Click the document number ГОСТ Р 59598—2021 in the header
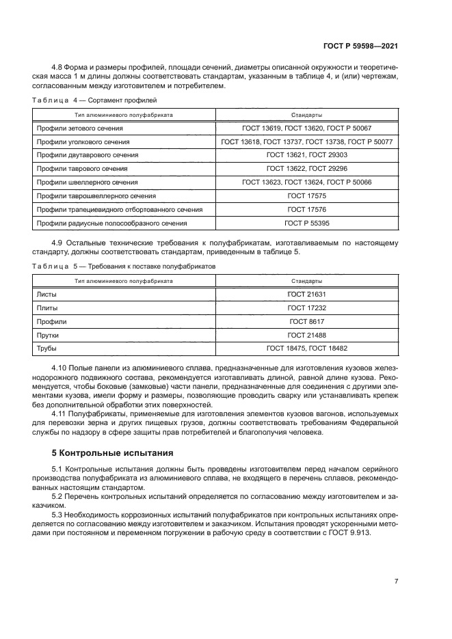(x=361, y=46)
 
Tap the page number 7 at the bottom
(x=396, y=582)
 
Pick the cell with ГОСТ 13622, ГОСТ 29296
(x=306, y=169)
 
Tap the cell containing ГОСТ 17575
(x=306, y=195)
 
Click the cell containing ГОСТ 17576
(x=306, y=209)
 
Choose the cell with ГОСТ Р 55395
(x=306, y=223)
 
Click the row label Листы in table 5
(x=47, y=294)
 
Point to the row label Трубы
(x=47, y=349)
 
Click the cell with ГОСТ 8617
(x=306, y=321)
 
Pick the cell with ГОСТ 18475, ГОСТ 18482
(x=306, y=349)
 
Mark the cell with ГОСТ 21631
(x=306, y=294)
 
